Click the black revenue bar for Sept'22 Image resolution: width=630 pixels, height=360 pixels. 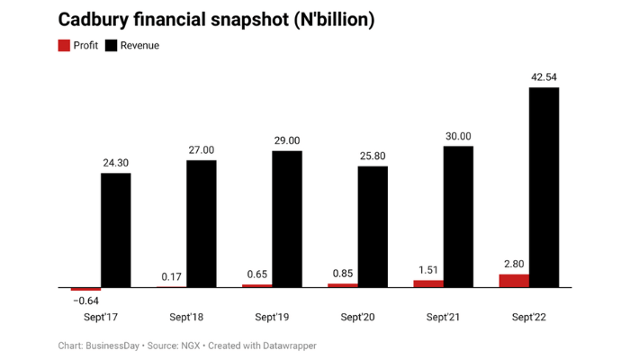544,187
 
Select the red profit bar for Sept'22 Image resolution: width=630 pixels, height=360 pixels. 514,281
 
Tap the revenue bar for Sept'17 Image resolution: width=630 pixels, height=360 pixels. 115,230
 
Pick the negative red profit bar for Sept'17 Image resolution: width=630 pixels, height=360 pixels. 85,289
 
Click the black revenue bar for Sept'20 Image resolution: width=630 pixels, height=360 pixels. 373,227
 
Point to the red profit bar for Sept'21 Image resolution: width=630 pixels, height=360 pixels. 428,283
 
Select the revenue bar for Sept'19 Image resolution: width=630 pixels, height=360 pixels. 287,219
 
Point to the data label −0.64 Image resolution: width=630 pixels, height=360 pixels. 85,301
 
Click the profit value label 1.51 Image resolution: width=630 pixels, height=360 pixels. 428,270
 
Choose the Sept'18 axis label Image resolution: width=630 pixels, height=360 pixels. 186,317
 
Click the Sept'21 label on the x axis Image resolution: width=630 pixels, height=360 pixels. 443,317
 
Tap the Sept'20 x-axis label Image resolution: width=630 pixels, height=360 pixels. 357,317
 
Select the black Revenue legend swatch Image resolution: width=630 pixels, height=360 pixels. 112,45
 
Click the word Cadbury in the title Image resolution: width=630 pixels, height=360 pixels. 94,19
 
